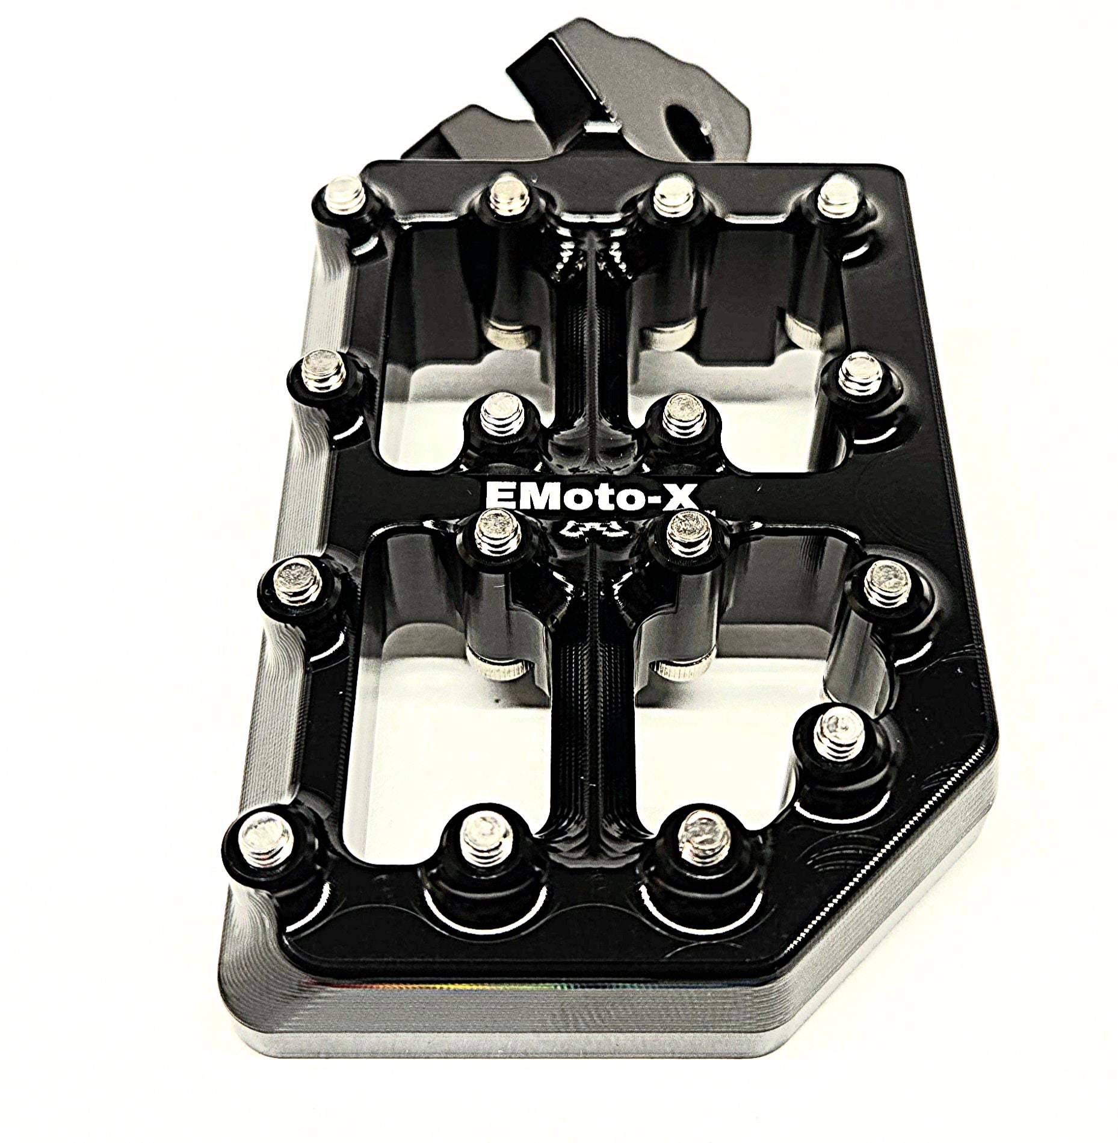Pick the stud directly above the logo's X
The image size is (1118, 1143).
click(x=684, y=411)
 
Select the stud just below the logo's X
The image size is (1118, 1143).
click(x=689, y=531)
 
